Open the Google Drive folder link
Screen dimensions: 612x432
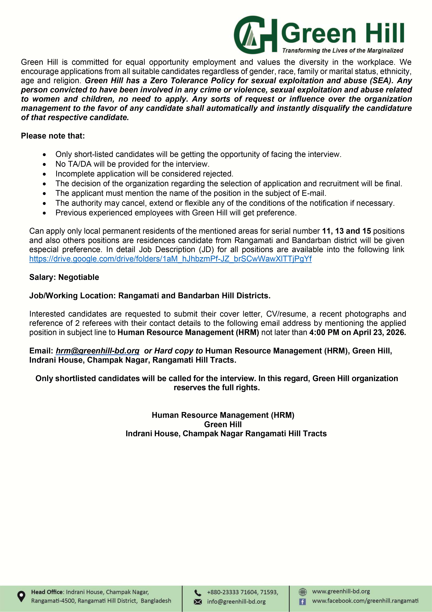tap(170, 259)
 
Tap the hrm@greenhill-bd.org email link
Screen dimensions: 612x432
tap(97, 351)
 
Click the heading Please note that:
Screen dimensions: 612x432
tap(53, 136)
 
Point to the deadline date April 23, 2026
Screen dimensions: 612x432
tap(379, 332)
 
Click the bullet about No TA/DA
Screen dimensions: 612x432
tap(132, 164)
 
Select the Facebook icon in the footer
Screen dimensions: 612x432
tap(302, 602)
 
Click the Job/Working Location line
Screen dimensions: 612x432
tap(150, 296)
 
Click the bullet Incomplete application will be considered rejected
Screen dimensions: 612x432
tap(144, 174)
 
